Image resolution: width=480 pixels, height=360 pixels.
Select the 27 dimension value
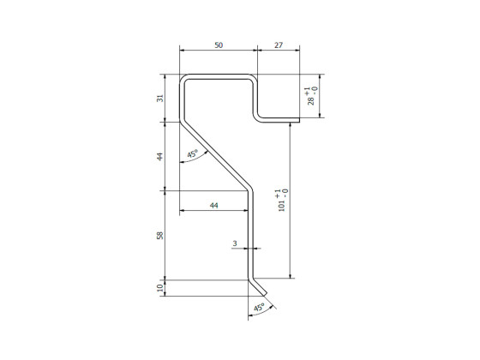pyautogui.click(x=279, y=45)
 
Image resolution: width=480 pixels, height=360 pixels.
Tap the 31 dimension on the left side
pyautogui.click(x=160, y=99)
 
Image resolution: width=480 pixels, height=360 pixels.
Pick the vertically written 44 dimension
pyautogui.click(x=160, y=156)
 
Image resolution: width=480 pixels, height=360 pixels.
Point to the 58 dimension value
pyautogui.click(x=160, y=234)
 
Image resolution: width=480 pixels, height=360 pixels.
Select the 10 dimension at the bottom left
pyautogui.click(x=160, y=289)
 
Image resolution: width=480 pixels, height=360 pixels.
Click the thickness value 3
pyautogui.click(x=235, y=243)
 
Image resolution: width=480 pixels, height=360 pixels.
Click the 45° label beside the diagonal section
pyautogui.click(x=192, y=155)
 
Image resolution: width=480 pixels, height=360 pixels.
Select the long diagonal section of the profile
pyautogui.click(x=215, y=154)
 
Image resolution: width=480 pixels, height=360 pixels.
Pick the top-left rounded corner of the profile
pyautogui.click(x=183, y=80)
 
